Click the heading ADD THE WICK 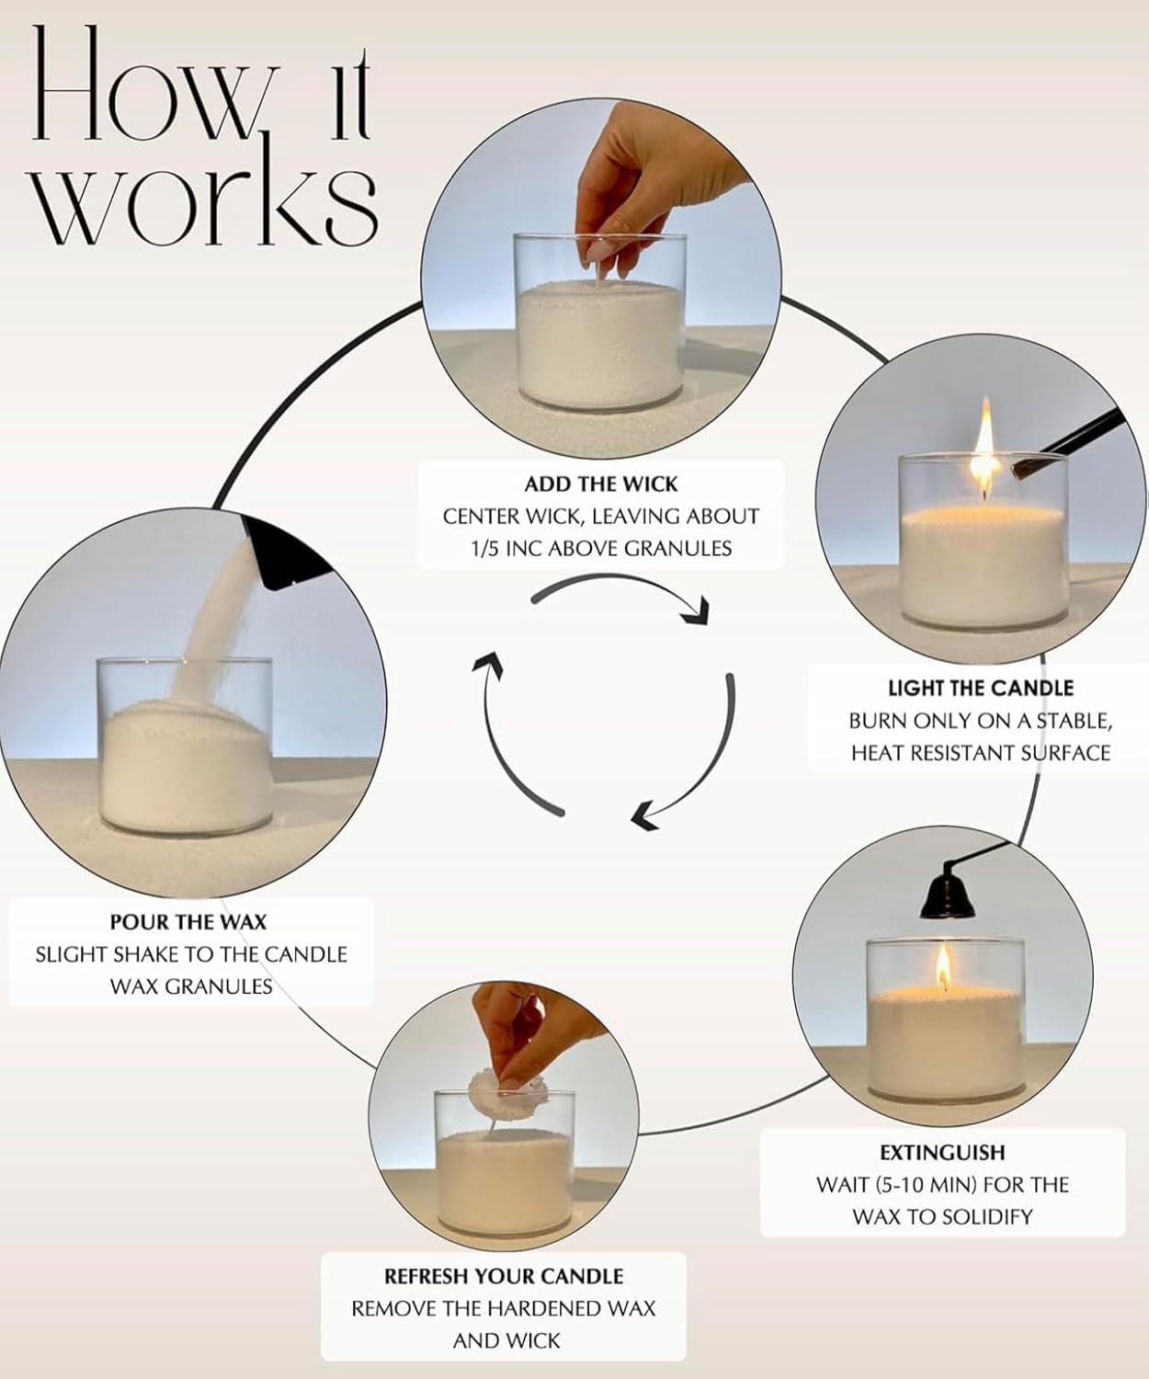tap(601, 484)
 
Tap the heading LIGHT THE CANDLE tap(980, 688)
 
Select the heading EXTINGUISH tap(942, 1152)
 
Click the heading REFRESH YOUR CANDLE tap(504, 1276)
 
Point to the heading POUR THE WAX tap(188, 921)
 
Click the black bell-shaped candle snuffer tap(942, 890)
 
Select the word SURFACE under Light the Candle tap(1060, 752)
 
